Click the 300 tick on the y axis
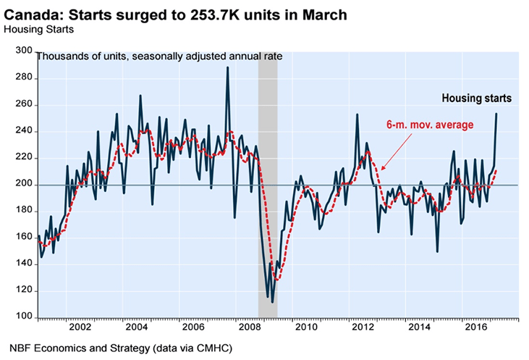click(24, 51)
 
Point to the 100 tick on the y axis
click(24, 317)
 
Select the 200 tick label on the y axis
click(24, 184)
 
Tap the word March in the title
click(326, 14)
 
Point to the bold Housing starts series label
click(477, 98)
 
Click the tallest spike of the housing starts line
click(228, 67)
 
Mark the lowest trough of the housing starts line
click(271, 301)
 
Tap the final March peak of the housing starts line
click(496, 113)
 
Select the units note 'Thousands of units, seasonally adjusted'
click(137, 56)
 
